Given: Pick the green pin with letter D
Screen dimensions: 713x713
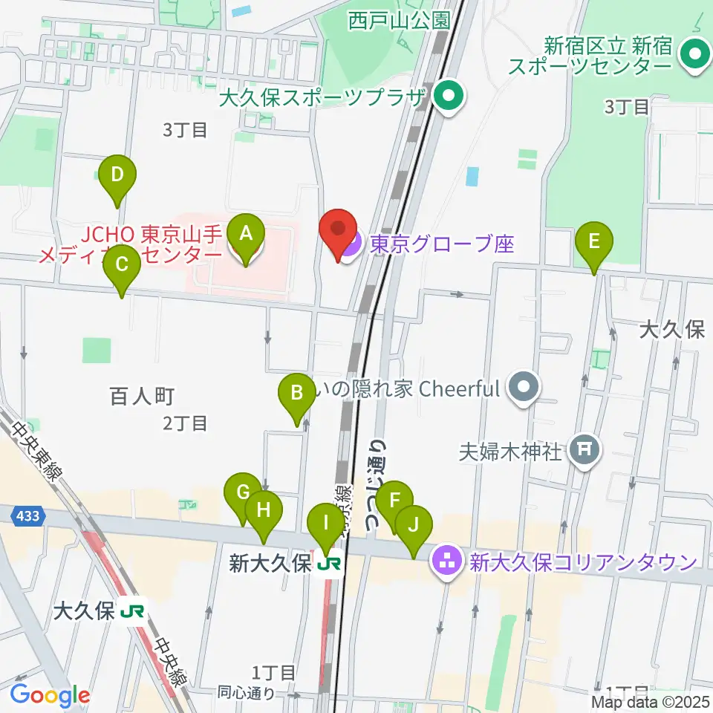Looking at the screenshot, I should pos(117,177).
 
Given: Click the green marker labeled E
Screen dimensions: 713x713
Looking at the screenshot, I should pos(594,243).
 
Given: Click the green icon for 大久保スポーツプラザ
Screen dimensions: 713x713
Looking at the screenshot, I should pos(449,97).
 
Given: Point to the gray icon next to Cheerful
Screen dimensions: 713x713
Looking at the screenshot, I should pos(524,388).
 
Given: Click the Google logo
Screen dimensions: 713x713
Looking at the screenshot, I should pos(50,696).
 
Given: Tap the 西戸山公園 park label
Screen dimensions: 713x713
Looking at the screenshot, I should pos(400,20).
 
